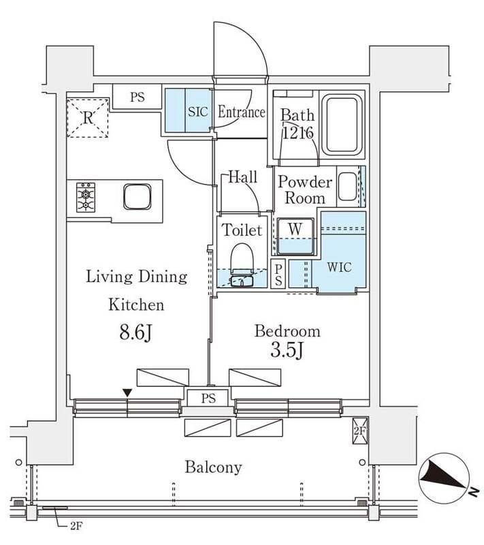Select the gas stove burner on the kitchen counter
click(x=86, y=198)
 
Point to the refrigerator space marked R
click(x=87, y=118)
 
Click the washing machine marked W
click(x=295, y=236)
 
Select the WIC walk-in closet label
click(x=338, y=267)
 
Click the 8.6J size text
click(x=136, y=333)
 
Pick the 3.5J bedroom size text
click(x=287, y=354)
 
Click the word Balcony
click(x=213, y=467)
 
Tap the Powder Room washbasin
click(x=347, y=187)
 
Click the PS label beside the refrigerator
click(x=138, y=97)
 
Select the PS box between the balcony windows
click(x=208, y=399)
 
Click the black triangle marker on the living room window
click(x=127, y=392)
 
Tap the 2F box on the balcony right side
click(x=359, y=431)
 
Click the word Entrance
click(x=241, y=112)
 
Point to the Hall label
click(x=242, y=177)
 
